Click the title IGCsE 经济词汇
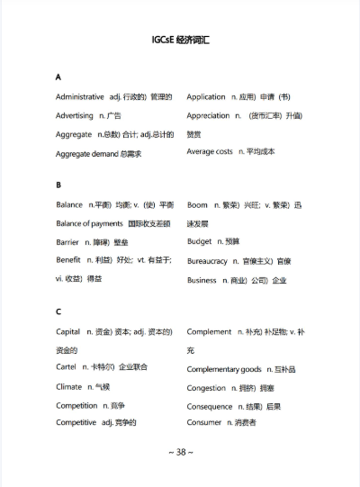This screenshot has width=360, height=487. [x=180, y=41]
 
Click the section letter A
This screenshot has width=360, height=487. [x=58, y=77]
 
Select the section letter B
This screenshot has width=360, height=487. [x=58, y=185]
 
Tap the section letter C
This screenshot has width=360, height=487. [x=58, y=312]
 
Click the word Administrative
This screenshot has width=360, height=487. [x=79, y=97]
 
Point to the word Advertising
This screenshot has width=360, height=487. [x=74, y=116]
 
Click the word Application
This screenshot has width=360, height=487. [x=206, y=97]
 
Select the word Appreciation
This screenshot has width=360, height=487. [x=209, y=116]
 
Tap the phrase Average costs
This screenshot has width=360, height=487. [x=210, y=152]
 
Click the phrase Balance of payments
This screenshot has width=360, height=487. [x=89, y=223]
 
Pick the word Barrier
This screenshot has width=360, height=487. [x=67, y=242]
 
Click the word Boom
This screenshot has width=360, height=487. [x=198, y=205]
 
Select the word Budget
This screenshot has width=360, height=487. [x=200, y=242]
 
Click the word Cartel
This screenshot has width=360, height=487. [x=67, y=368]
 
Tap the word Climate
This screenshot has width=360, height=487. [x=68, y=387]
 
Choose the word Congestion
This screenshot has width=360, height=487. [x=207, y=388]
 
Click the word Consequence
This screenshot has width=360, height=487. [x=210, y=406]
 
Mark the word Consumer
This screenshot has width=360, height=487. [x=203, y=422]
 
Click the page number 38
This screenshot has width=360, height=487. [x=181, y=452]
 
